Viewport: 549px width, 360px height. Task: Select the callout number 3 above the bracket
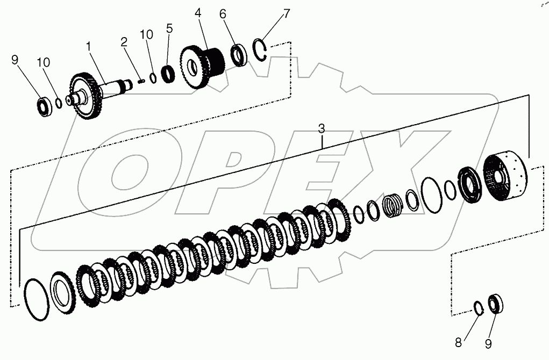[321, 129]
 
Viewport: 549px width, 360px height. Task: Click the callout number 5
[169, 28]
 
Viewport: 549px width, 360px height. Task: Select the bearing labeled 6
[238, 55]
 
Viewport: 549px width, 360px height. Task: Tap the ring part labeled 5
[169, 73]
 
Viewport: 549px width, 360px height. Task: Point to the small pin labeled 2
[141, 82]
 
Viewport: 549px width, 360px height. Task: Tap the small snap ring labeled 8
[479, 308]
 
